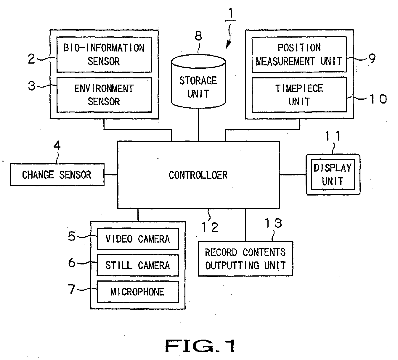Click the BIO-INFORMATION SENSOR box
point(104,54)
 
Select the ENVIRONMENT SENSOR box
point(104,95)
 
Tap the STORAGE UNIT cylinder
point(198,81)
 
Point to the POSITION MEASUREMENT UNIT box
point(299,54)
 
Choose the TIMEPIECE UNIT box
point(299,95)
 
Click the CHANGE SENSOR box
point(57,175)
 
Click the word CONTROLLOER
point(198,175)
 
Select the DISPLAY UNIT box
point(333,175)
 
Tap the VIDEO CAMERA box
point(138,239)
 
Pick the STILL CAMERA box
point(138,265)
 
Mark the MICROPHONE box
point(138,292)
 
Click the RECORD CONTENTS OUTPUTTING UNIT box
point(245,259)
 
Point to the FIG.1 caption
point(200,346)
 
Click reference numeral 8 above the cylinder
point(198,36)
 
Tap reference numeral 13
point(273,223)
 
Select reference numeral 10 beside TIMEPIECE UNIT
point(378,99)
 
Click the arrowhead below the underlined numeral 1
point(228,45)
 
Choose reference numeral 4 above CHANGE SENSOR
point(57,146)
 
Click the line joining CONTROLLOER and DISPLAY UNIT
point(293,175)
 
